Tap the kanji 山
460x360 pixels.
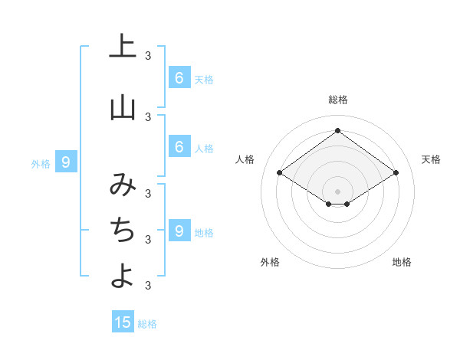pyautogui.click(x=123, y=108)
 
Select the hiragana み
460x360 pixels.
pyautogui.click(x=123, y=185)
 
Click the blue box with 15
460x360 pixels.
pyautogui.click(x=123, y=322)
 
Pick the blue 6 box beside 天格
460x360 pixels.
pyautogui.click(x=179, y=77)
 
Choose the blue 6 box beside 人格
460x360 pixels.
pyautogui.click(x=179, y=147)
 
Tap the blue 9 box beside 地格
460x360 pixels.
pyautogui.click(x=179, y=231)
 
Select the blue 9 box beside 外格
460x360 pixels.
pyautogui.click(x=66, y=162)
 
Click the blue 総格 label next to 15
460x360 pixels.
pyautogui.click(x=147, y=324)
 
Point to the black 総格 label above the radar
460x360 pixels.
pyautogui.click(x=338, y=100)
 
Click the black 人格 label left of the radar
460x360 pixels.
pyautogui.click(x=245, y=159)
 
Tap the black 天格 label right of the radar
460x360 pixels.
pyautogui.click(x=432, y=159)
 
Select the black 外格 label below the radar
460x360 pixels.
pyautogui.click(x=270, y=262)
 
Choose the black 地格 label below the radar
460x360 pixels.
pyautogui.click(x=402, y=262)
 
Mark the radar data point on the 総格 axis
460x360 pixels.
pyautogui.click(x=337, y=130)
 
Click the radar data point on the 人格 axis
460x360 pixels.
pyautogui.click(x=280, y=173)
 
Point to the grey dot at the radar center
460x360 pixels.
pyautogui.click(x=337, y=191)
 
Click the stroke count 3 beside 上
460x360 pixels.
pyautogui.click(x=148, y=55)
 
